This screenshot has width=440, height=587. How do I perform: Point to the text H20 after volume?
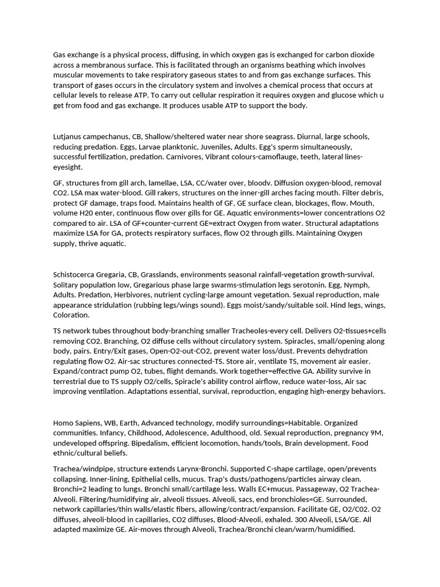pyautogui.click(x=88, y=213)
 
